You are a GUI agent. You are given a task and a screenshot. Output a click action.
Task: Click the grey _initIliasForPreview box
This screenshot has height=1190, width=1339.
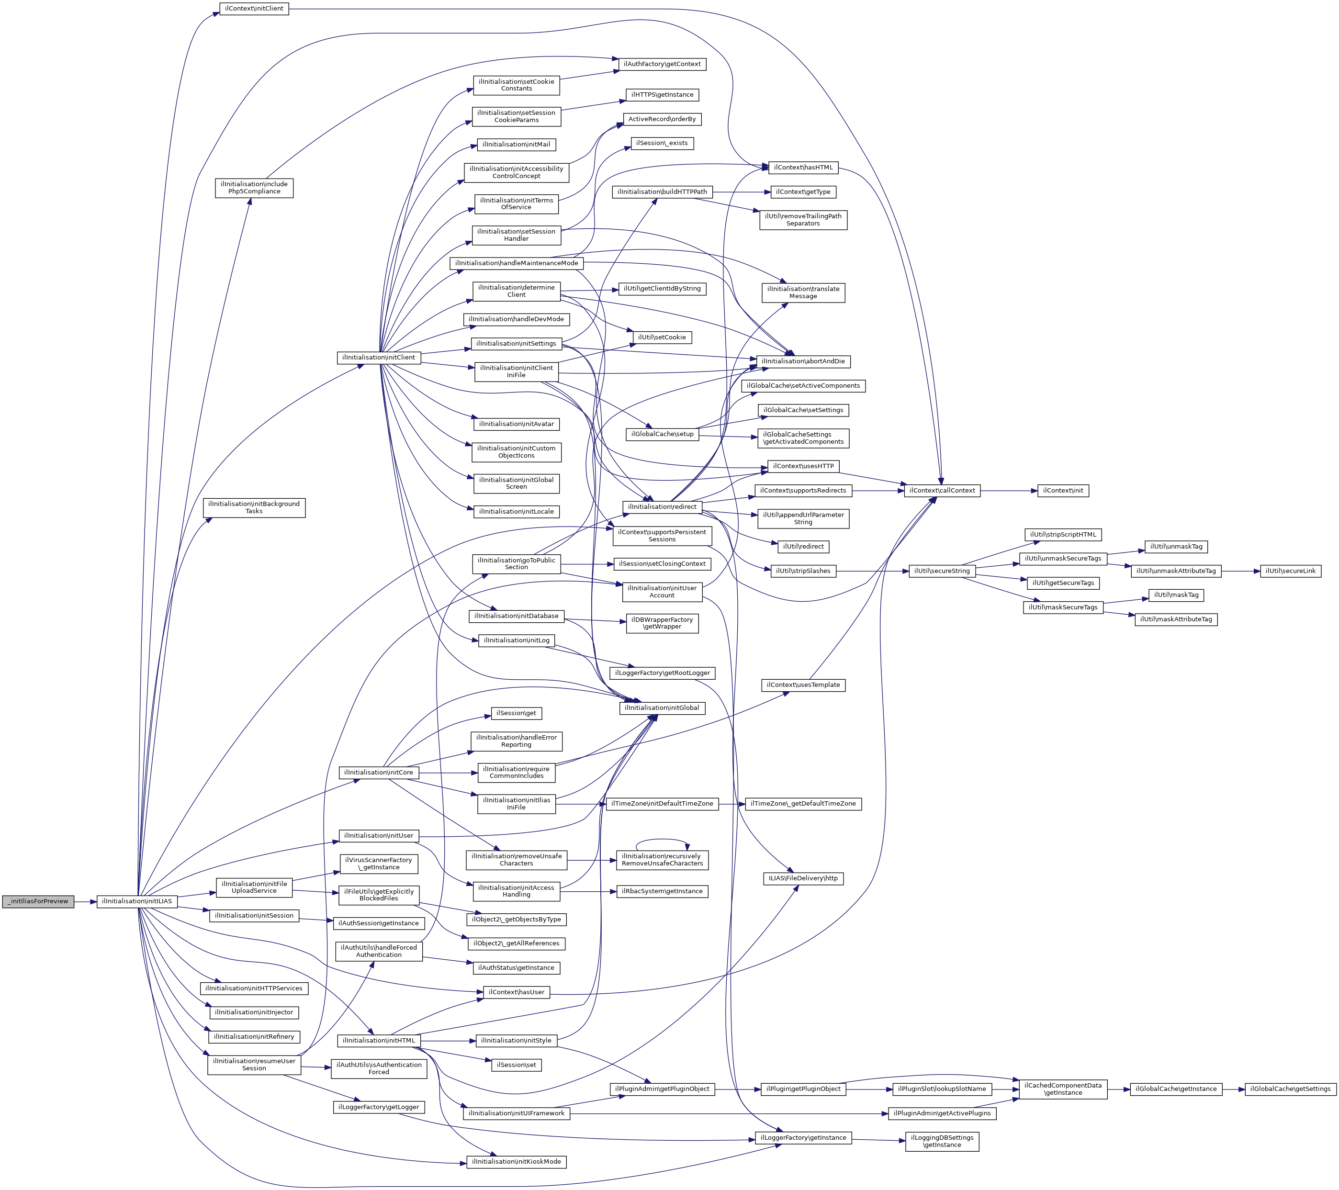(x=38, y=901)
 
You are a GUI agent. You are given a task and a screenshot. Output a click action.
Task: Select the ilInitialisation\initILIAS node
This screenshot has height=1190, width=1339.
(x=137, y=901)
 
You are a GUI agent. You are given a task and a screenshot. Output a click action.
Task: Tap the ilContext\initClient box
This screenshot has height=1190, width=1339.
(x=254, y=9)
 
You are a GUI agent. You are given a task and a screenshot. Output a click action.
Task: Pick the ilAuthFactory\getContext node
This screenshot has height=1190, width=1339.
(x=662, y=64)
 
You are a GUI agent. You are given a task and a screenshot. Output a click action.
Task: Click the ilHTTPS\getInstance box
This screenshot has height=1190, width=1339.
(x=662, y=95)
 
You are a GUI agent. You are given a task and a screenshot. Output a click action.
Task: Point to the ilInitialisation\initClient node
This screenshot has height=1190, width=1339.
(x=379, y=358)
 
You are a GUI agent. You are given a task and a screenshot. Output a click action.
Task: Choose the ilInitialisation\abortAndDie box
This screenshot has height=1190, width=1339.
(x=803, y=361)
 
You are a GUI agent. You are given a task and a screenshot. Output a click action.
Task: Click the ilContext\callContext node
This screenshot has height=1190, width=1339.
(x=942, y=491)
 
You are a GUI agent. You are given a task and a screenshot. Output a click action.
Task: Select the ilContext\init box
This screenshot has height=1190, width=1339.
(x=1063, y=491)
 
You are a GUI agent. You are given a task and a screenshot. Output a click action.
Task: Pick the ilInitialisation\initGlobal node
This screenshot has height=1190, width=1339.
(x=662, y=708)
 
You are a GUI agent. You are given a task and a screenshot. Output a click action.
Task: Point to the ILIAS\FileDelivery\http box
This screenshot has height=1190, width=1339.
(x=803, y=878)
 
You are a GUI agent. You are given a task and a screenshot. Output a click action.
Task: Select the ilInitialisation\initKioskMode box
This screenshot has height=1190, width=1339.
(x=516, y=1161)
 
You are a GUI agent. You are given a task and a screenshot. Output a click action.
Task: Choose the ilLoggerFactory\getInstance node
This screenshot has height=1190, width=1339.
(x=803, y=1138)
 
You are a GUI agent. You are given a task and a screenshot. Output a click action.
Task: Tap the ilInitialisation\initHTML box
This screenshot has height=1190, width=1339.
(x=379, y=1040)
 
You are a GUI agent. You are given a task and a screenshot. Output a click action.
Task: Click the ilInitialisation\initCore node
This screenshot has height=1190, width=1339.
(x=379, y=773)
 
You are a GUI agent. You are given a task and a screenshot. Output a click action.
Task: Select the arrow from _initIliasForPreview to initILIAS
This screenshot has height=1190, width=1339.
(x=85, y=901)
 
